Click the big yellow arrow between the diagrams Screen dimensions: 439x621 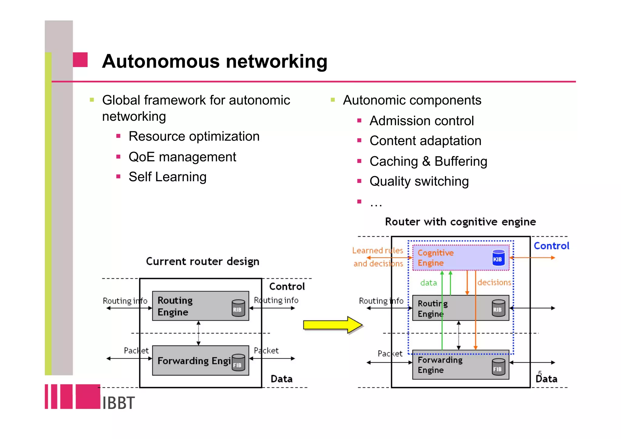click(332, 325)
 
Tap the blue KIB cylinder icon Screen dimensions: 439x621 click(498, 258)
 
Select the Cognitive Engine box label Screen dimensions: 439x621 click(435, 258)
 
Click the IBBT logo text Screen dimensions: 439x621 click(118, 403)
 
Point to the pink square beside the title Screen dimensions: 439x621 click(80, 60)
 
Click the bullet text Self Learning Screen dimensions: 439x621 click(167, 177)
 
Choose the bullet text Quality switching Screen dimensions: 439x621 click(419, 181)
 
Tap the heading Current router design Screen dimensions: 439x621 click(203, 261)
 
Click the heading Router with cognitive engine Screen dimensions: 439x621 click(460, 222)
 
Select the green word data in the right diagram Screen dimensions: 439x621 click(428, 283)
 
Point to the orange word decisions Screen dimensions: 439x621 click(494, 283)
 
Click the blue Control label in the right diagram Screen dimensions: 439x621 click(551, 246)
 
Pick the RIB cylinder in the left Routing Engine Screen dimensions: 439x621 click(238, 308)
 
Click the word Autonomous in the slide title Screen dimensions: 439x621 click(161, 61)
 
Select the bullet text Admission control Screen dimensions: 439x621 click(421, 121)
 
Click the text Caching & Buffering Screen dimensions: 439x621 click(428, 161)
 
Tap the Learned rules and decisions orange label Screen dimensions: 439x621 click(378, 257)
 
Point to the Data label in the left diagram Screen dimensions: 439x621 click(281, 379)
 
